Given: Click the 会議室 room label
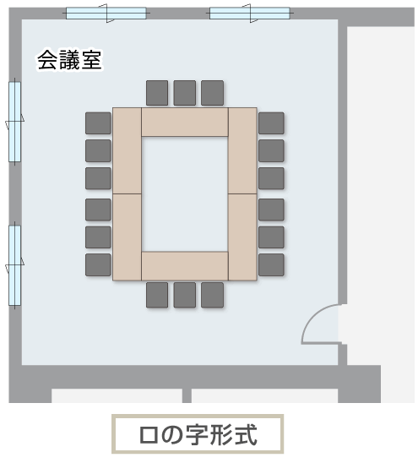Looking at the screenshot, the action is (69, 60).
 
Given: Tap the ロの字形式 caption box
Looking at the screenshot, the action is (198, 434).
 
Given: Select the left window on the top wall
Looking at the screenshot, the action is (106, 14).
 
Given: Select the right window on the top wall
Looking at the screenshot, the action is (250, 14).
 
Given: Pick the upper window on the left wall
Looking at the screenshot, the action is (14, 122).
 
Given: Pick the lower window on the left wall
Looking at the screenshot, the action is (14, 265).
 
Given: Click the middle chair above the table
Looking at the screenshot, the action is (184, 93).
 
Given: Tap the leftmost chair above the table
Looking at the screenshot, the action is (157, 93).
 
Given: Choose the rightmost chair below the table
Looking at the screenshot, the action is (212, 295).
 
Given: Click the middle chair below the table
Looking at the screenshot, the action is (184, 295).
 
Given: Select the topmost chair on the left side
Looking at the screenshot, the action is (98, 123).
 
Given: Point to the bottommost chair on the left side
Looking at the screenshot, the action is (98, 264).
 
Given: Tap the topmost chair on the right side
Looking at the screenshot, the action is (271, 123).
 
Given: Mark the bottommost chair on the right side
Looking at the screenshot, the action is (271, 264).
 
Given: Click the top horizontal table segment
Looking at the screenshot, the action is (185, 122).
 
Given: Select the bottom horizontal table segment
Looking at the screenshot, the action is (185, 266).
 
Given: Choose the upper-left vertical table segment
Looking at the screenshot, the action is (127, 150).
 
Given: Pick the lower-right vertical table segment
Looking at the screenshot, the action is (242, 237).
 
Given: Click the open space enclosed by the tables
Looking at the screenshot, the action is (185, 194).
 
